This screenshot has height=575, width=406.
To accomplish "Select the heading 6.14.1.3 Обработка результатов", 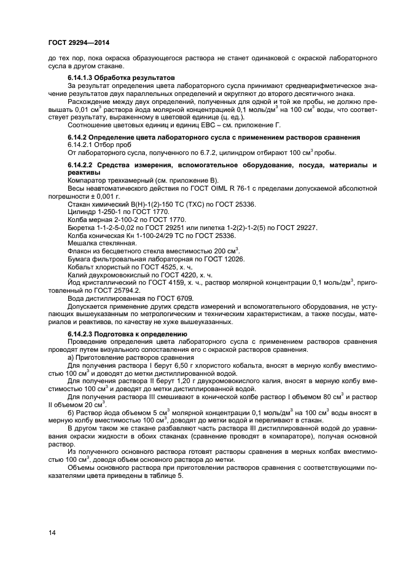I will [121, 77].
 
